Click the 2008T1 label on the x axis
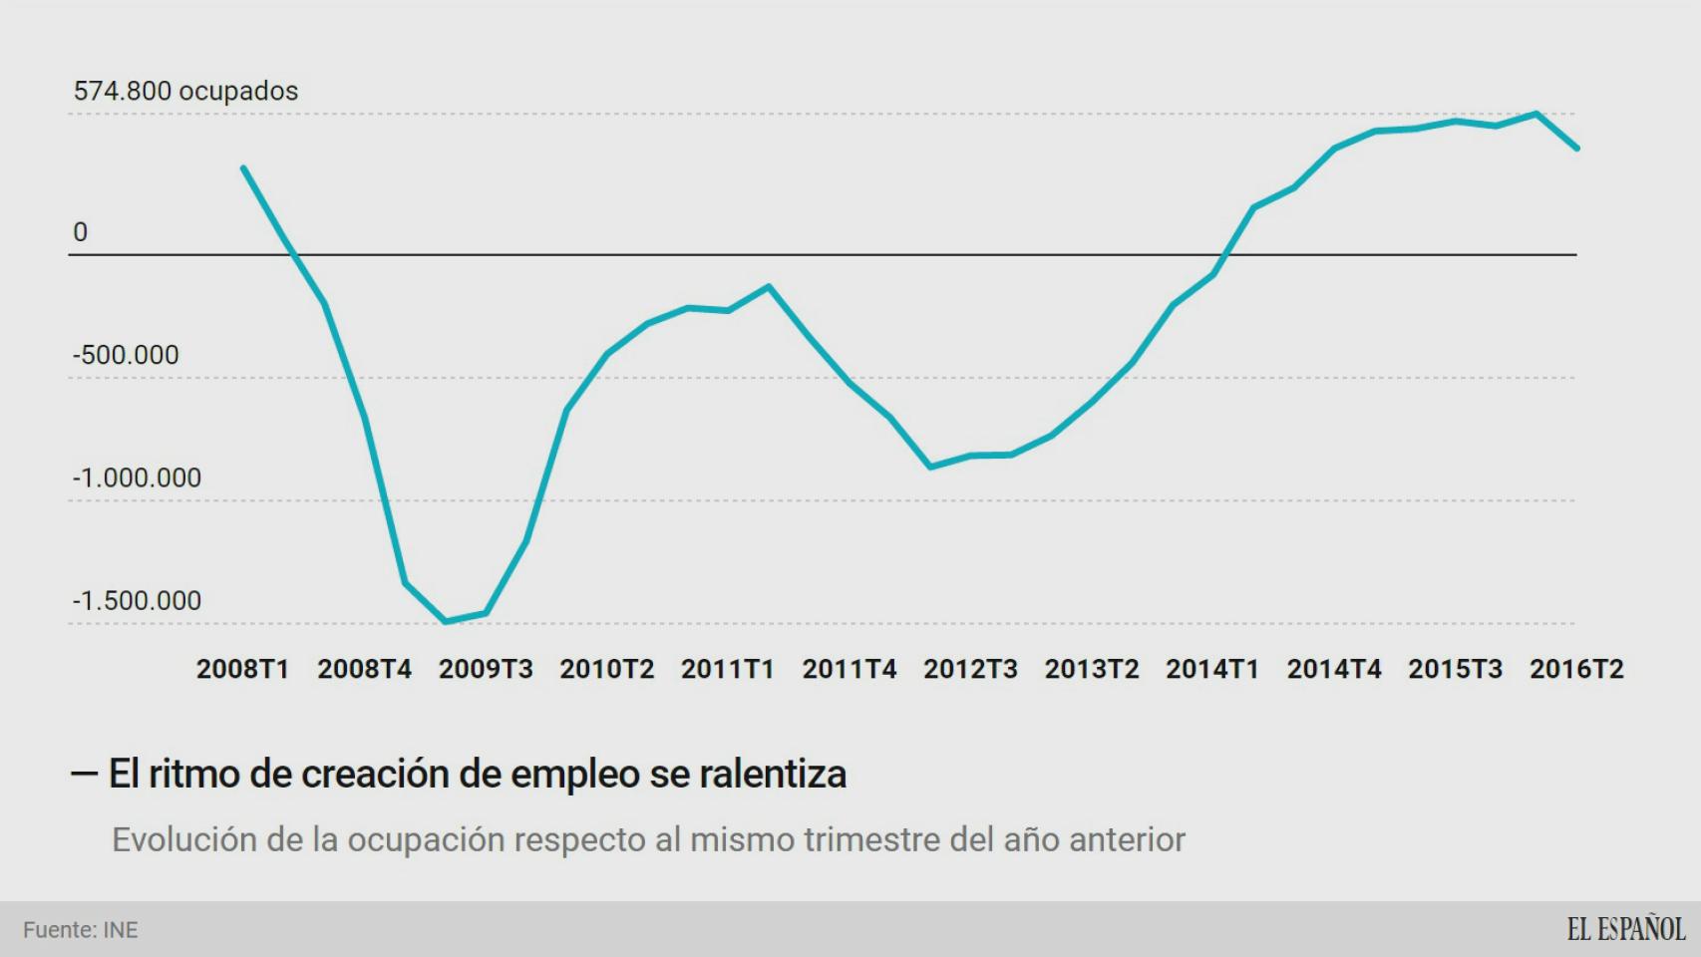(242, 669)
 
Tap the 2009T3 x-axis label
(486, 669)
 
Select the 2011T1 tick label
(728, 669)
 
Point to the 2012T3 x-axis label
(970, 669)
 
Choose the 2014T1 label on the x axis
(1212, 669)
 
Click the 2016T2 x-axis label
(1576, 669)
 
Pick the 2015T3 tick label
(1455, 669)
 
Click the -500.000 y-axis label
(126, 355)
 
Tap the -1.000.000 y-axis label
(137, 478)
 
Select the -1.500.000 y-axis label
(137, 601)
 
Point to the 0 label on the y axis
(81, 232)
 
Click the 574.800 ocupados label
(185, 91)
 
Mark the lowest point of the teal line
(445, 622)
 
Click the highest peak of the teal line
(1536, 114)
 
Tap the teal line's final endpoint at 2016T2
(1577, 149)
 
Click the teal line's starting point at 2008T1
(243, 167)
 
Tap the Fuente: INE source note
(81, 930)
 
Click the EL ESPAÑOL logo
(1625, 929)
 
